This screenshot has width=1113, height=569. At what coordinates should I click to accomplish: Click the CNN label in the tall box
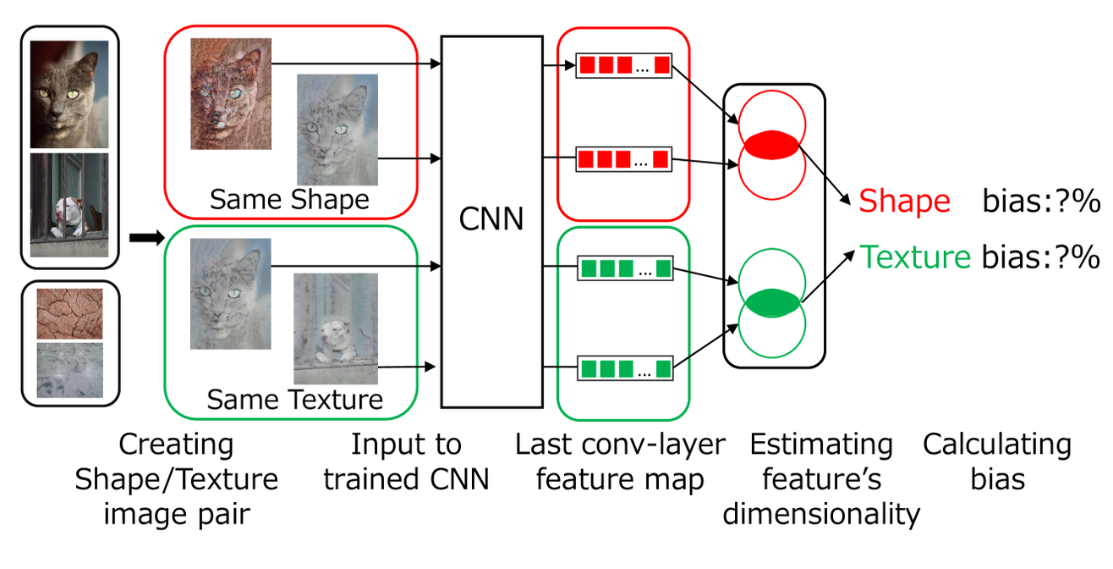click(491, 218)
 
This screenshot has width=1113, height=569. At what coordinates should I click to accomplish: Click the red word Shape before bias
click(904, 202)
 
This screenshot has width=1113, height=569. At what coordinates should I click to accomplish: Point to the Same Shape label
click(289, 199)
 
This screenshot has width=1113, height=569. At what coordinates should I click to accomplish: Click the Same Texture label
click(294, 399)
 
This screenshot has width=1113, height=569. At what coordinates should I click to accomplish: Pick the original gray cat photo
click(69, 95)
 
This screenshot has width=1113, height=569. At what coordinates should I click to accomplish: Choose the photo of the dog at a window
click(69, 204)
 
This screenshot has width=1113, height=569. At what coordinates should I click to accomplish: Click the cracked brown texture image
click(69, 313)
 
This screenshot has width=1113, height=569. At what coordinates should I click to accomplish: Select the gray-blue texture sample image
click(69, 369)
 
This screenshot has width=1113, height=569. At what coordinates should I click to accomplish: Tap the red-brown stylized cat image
click(231, 93)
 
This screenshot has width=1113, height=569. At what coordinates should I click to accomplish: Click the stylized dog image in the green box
click(335, 328)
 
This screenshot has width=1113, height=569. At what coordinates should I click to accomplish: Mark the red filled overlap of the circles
click(771, 144)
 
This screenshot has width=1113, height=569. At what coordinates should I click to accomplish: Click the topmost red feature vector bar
click(624, 65)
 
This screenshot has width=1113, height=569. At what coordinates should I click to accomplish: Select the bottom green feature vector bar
click(624, 368)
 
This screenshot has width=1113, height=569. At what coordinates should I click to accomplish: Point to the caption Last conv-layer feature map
click(620, 462)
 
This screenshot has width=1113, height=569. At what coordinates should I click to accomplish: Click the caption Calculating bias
click(996, 462)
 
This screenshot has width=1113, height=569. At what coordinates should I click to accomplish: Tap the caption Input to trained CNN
click(406, 462)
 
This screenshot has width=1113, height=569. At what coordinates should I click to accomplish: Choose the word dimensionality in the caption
click(820, 513)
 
